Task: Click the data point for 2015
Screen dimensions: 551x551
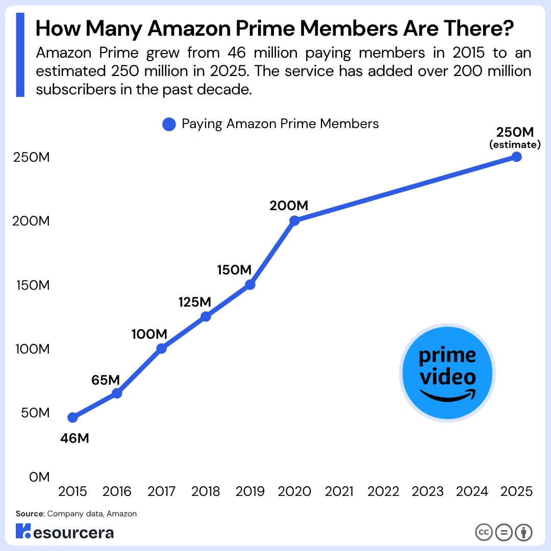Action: click(73, 417)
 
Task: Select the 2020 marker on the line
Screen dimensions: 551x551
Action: click(294, 221)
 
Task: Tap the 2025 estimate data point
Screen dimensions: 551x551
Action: click(516, 157)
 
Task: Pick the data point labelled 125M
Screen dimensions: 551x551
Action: click(206, 317)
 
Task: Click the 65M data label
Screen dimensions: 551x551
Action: click(106, 380)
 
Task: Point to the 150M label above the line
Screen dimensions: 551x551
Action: click(234, 270)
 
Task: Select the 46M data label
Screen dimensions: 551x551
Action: click(74, 438)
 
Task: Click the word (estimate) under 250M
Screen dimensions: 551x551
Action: click(515, 144)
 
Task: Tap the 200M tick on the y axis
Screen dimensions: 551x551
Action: click(31, 221)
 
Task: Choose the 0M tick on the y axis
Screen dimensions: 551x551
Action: click(39, 477)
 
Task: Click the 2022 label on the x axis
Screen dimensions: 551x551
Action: click(383, 491)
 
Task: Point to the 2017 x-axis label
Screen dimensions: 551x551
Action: click(161, 491)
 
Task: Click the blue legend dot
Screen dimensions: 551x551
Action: click(169, 124)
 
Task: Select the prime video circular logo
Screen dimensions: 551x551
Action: click(447, 373)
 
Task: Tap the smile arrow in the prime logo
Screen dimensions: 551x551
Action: click(448, 396)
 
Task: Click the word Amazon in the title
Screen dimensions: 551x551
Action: click(189, 28)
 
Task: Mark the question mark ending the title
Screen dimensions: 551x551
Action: click(508, 28)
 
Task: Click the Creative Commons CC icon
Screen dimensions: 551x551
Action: click(484, 532)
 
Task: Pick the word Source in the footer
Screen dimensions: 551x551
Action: click(30, 514)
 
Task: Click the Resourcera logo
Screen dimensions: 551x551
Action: click(65, 531)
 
